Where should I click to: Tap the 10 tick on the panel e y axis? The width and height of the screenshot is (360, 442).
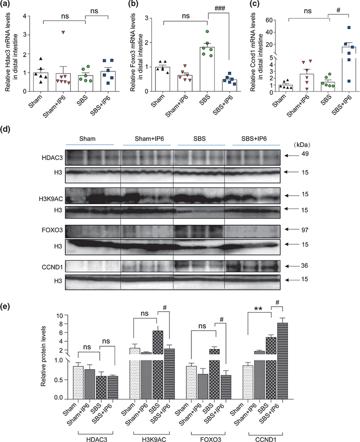coord(65,315)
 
